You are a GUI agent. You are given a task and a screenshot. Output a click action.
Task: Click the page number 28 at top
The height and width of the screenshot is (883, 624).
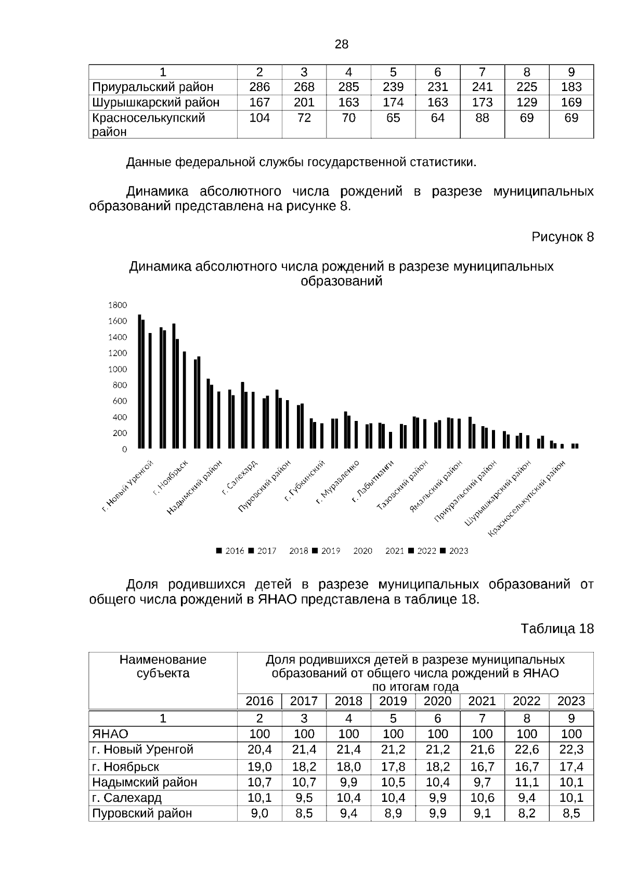[341, 44]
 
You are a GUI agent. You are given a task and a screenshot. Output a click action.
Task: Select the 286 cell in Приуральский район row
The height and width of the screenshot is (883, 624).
[259, 87]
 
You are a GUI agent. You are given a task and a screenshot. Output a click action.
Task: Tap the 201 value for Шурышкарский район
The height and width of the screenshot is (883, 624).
[304, 103]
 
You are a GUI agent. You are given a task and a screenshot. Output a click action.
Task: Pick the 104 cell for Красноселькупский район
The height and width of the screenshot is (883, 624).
[259, 118]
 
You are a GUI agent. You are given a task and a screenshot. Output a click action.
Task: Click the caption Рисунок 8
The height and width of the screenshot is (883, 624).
[562, 237]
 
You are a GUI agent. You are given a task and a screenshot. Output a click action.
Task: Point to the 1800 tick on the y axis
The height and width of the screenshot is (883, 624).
[118, 305]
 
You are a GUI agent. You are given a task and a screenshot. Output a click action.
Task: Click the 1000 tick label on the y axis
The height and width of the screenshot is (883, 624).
[118, 369]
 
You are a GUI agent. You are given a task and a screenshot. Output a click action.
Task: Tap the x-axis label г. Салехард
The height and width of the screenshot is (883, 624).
[240, 476]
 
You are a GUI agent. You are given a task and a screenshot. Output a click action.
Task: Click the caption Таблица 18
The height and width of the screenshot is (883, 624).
[557, 629]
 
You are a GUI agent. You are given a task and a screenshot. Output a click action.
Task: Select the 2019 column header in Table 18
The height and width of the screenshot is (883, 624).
[393, 701]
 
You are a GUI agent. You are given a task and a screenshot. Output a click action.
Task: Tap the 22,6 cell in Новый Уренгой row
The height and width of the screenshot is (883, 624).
[526, 749]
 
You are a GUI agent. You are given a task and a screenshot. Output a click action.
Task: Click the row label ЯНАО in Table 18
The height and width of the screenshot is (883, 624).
[110, 734]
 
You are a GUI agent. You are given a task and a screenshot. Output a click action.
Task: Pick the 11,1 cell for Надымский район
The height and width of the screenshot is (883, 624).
[526, 782]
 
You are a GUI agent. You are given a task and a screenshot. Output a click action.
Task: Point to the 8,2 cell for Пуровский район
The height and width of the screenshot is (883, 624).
[526, 813]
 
